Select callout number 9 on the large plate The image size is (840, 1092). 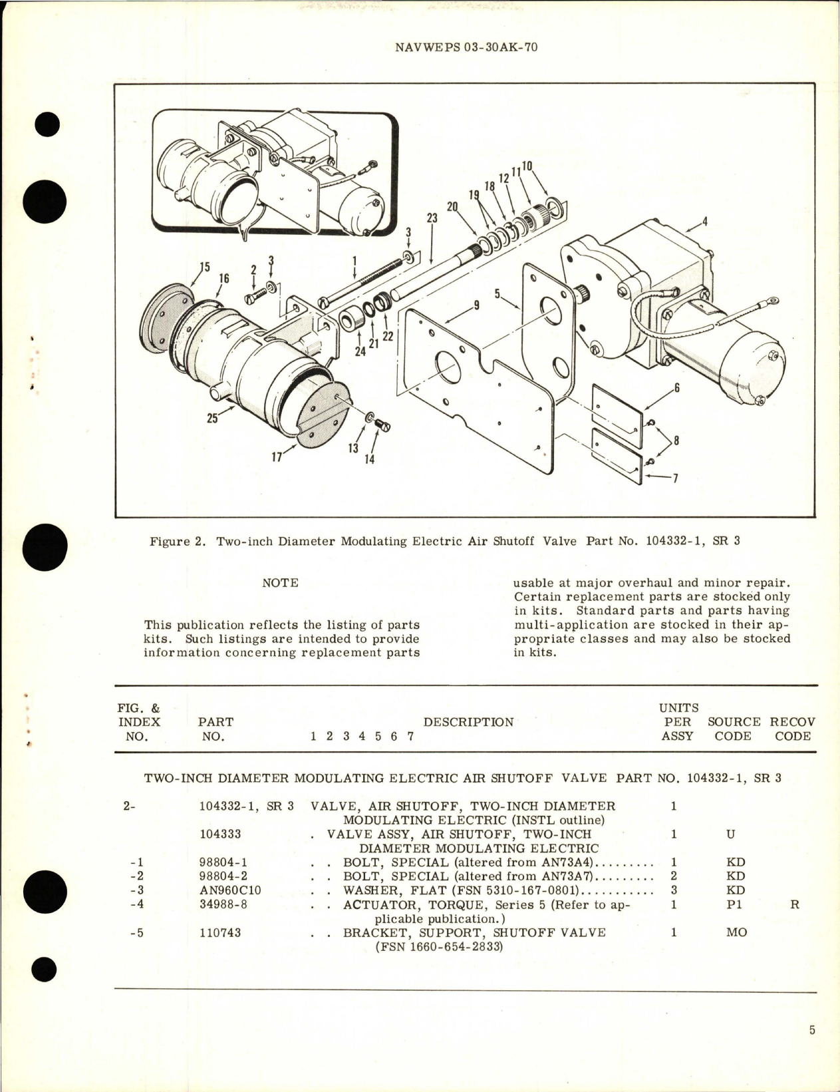click(x=476, y=305)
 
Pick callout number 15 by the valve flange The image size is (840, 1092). click(x=204, y=268)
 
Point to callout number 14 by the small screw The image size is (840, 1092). click(x=369, y=458)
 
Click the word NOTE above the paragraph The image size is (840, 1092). click(x=280, y=583)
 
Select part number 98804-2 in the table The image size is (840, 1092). click(x=223, y=876)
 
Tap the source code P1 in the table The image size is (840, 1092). click(x=734, y=905)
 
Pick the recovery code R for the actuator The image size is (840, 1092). click(x=794, y=905)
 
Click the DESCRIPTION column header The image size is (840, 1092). click(x=468, y=722)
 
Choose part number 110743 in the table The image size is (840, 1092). click(x=220, y=932)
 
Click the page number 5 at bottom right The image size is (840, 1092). click(x=812, y=1031)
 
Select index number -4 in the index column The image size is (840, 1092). click(x=136, y=905)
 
